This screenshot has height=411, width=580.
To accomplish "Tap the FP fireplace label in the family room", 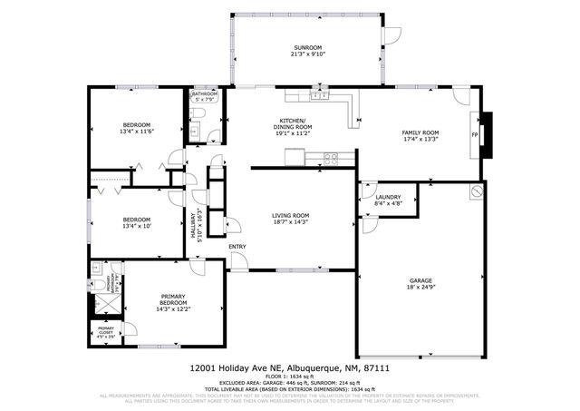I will [x=474, y=135].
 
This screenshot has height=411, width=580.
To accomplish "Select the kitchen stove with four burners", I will [x=331, y=159].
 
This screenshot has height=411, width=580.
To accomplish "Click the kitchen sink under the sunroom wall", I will [x=318, y=93].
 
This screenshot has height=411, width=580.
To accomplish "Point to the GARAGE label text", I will [x=420, y=282].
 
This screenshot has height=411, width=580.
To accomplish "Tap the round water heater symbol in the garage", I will [x=476, y=192].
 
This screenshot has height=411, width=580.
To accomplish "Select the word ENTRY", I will [x=237, y=246].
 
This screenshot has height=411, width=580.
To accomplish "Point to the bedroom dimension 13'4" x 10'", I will [x=137, y=227].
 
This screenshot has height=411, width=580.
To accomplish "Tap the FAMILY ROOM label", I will [x=420, y=132].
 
